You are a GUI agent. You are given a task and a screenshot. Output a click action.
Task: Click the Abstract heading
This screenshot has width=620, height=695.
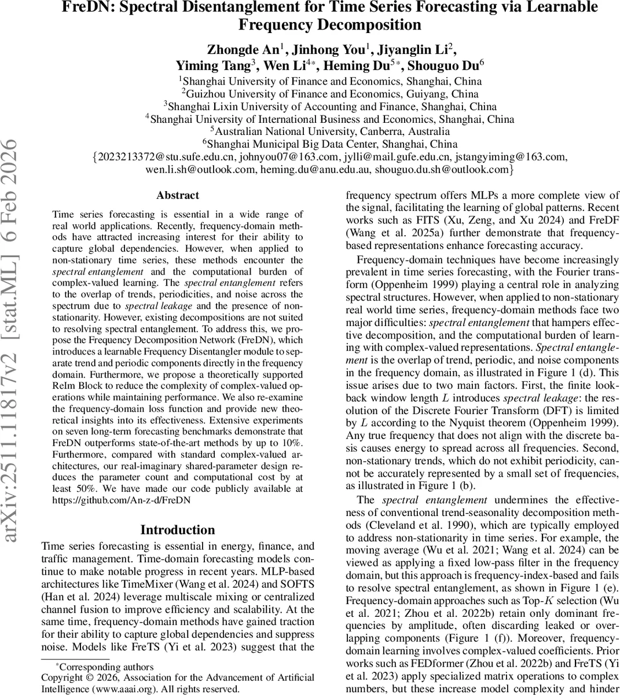tap(177, 195)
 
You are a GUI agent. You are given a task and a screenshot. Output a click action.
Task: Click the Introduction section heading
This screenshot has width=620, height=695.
tap(177, 530)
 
